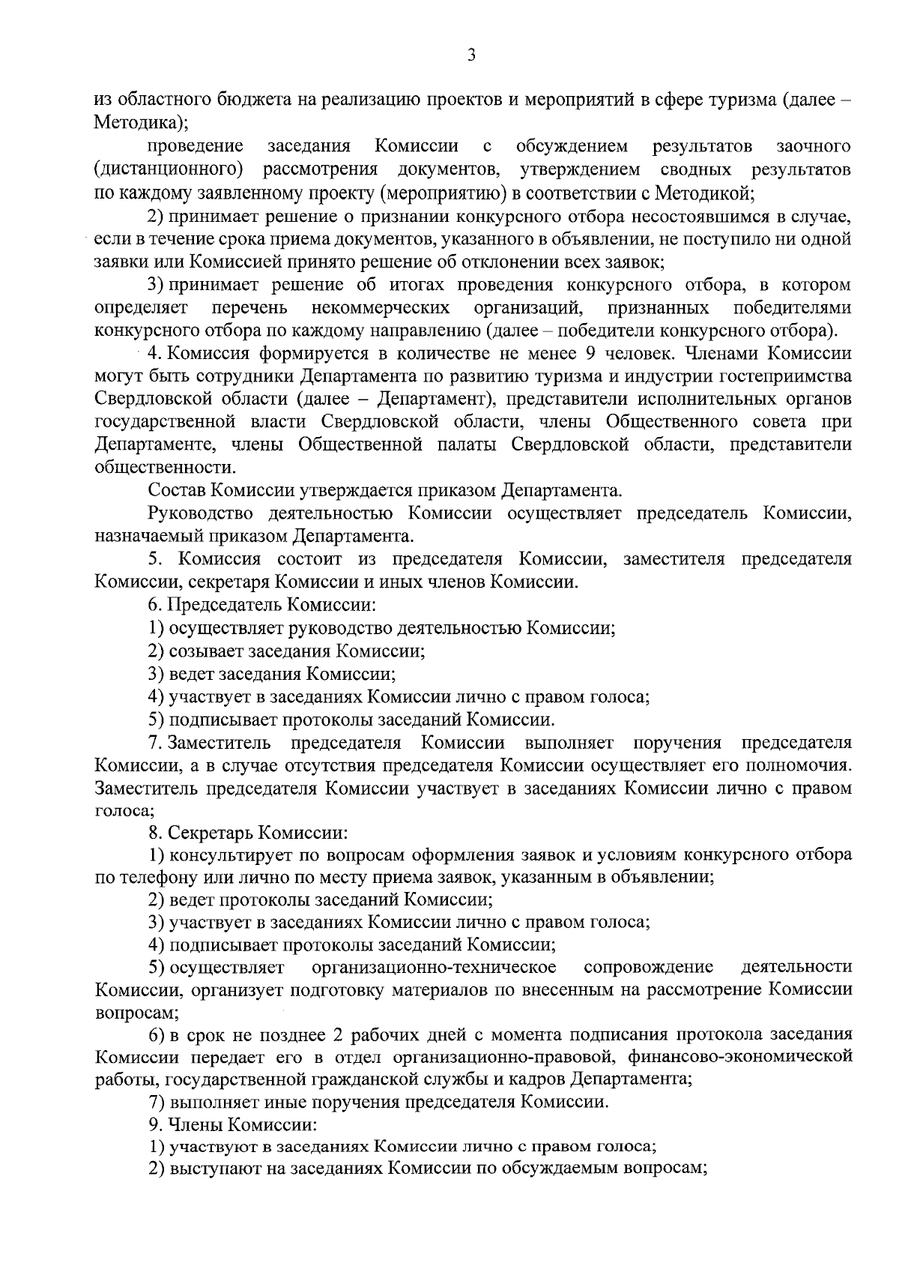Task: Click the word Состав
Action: click(177, 491)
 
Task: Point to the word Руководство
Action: click(199, 513)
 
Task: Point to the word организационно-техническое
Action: click(434, 967)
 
